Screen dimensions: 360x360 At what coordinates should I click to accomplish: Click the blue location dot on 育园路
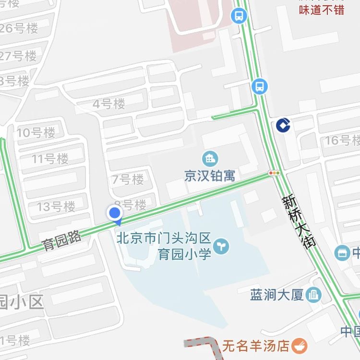point(115,213)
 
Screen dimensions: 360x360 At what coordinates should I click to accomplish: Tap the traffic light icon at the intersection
point(275,173)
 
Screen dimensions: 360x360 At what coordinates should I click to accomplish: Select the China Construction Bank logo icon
point(282,125)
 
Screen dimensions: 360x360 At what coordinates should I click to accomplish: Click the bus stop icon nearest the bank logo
point(259,87)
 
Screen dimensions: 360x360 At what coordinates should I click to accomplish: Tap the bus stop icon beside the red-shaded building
point(239,16)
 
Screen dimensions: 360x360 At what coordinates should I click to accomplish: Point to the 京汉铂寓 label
point(210,176)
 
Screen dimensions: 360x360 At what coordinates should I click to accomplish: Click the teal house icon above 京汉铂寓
point(210,157)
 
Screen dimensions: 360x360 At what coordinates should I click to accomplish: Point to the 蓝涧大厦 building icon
point(314,294)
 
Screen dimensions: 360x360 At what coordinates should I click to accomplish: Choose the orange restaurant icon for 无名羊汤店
point(300,345)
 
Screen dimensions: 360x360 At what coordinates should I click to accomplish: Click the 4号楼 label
point(109,104)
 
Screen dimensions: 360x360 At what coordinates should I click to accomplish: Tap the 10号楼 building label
point(36,132)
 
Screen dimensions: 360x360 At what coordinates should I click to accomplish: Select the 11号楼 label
point(50,158)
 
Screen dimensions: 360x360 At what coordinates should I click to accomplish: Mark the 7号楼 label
point(128,180)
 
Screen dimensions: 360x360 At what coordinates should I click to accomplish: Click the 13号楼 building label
point(57,207)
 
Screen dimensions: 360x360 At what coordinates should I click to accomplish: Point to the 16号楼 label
point(342,141)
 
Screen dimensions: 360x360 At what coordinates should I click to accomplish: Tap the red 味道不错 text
point(322,10)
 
